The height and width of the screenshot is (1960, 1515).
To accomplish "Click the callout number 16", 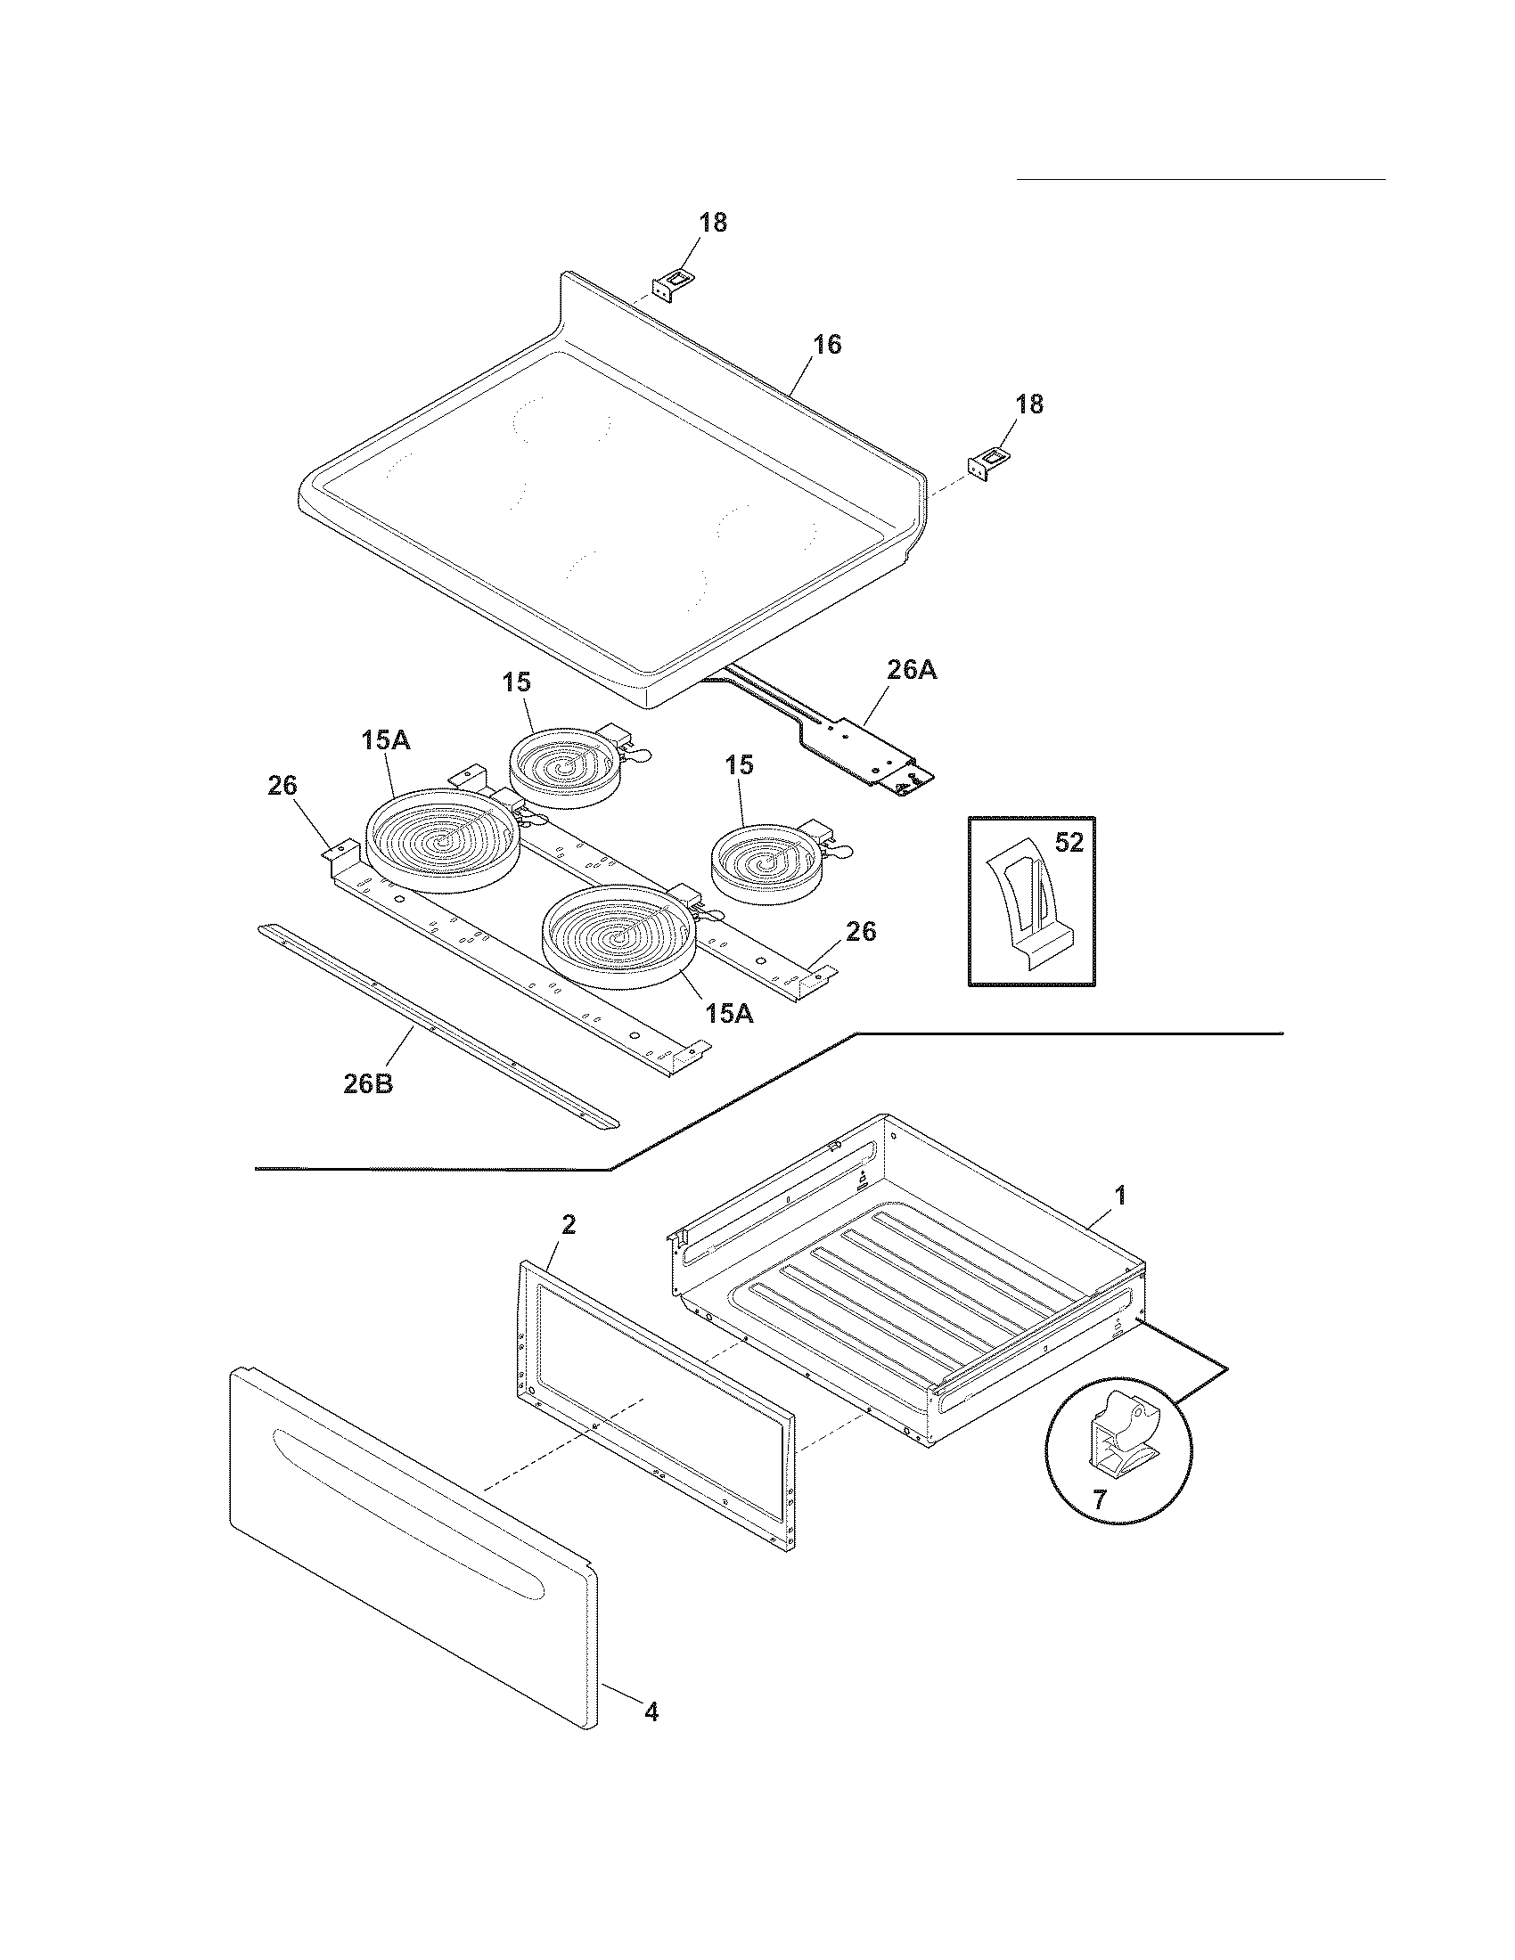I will [827, 345].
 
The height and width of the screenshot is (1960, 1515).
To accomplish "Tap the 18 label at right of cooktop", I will [1028, 404].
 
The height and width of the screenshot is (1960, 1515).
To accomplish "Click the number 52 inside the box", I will [1069, 843].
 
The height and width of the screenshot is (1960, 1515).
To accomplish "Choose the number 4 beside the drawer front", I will [651, 1712].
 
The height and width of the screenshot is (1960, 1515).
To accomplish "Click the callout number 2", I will [569, 1225].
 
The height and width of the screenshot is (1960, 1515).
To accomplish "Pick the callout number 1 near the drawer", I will [1119, 1196].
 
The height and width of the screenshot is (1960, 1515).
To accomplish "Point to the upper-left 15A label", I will [386, 741].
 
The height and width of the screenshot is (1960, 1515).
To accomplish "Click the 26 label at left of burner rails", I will [282, 786].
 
